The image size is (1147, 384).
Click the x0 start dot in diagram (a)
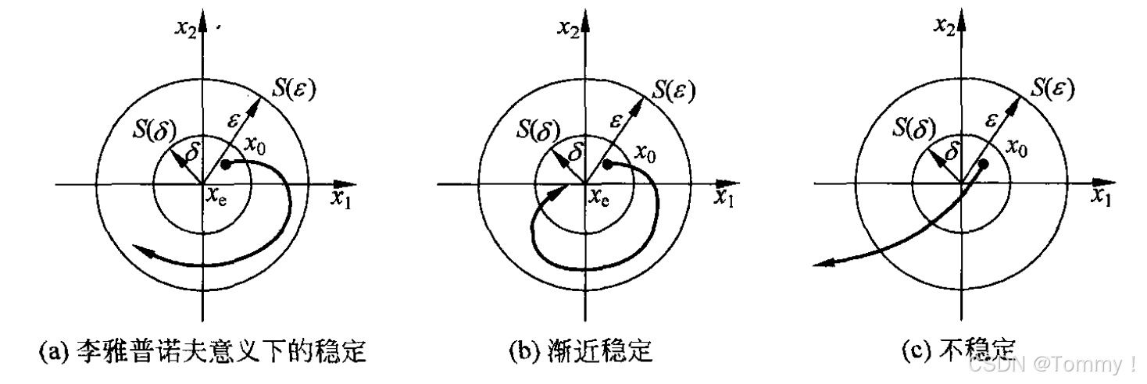(x=225, y=165)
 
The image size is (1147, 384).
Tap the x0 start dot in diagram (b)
(x=607, y=165)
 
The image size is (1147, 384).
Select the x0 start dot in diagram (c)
(x=984, y=165)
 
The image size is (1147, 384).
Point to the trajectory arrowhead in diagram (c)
(x=820, y=264)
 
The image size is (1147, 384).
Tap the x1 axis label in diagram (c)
(x=1102, y=197)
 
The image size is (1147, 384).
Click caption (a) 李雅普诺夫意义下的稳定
(x=202, y=353)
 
